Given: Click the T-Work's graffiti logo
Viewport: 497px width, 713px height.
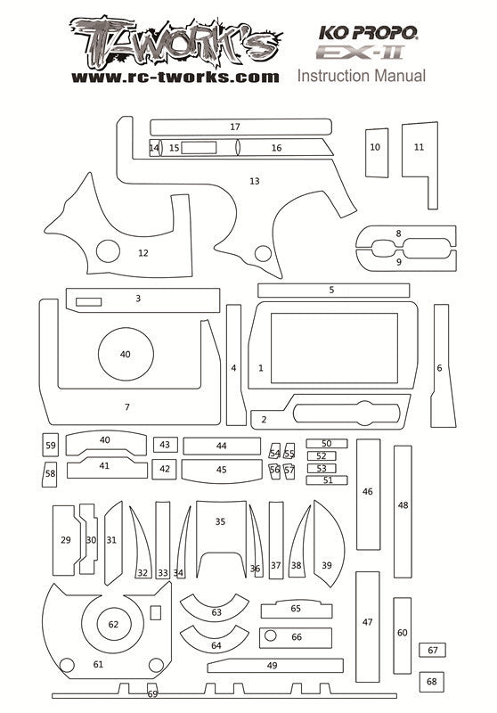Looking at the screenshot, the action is (175, 43).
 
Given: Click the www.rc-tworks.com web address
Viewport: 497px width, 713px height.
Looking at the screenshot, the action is (175, 78).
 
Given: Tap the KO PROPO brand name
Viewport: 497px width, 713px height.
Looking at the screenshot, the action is (368, 32).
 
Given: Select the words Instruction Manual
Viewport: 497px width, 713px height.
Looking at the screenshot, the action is (362, 76).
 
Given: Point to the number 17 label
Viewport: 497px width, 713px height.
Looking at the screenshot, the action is (235, 127).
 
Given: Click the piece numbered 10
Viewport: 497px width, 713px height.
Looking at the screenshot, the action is (377, 152).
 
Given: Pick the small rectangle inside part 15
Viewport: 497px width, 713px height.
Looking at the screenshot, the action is (199, 148).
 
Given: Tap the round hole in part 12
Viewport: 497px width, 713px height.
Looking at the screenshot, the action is (108, 251).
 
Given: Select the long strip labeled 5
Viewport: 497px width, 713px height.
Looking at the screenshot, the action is (333, 291).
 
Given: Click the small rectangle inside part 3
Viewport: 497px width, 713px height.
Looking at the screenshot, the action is (88, 302).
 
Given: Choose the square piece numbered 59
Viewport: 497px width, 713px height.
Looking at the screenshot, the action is (51, 445).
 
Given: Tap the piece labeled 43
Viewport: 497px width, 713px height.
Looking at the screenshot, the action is (166, 445).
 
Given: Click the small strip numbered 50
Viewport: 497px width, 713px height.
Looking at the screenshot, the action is (327, 443).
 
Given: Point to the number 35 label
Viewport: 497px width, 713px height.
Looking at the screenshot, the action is (220, 521).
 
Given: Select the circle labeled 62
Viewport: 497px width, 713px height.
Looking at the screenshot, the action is (114, 625).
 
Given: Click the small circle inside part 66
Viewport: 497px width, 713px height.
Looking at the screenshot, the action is (270, 635).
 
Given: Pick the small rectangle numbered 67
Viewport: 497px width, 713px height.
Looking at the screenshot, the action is (432, 650).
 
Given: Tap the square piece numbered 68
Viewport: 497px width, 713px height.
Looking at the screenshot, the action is (432, 682).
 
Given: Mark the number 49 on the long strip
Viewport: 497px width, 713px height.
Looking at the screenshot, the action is (273, 666).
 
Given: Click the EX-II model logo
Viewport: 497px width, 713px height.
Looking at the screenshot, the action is (360, 53).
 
